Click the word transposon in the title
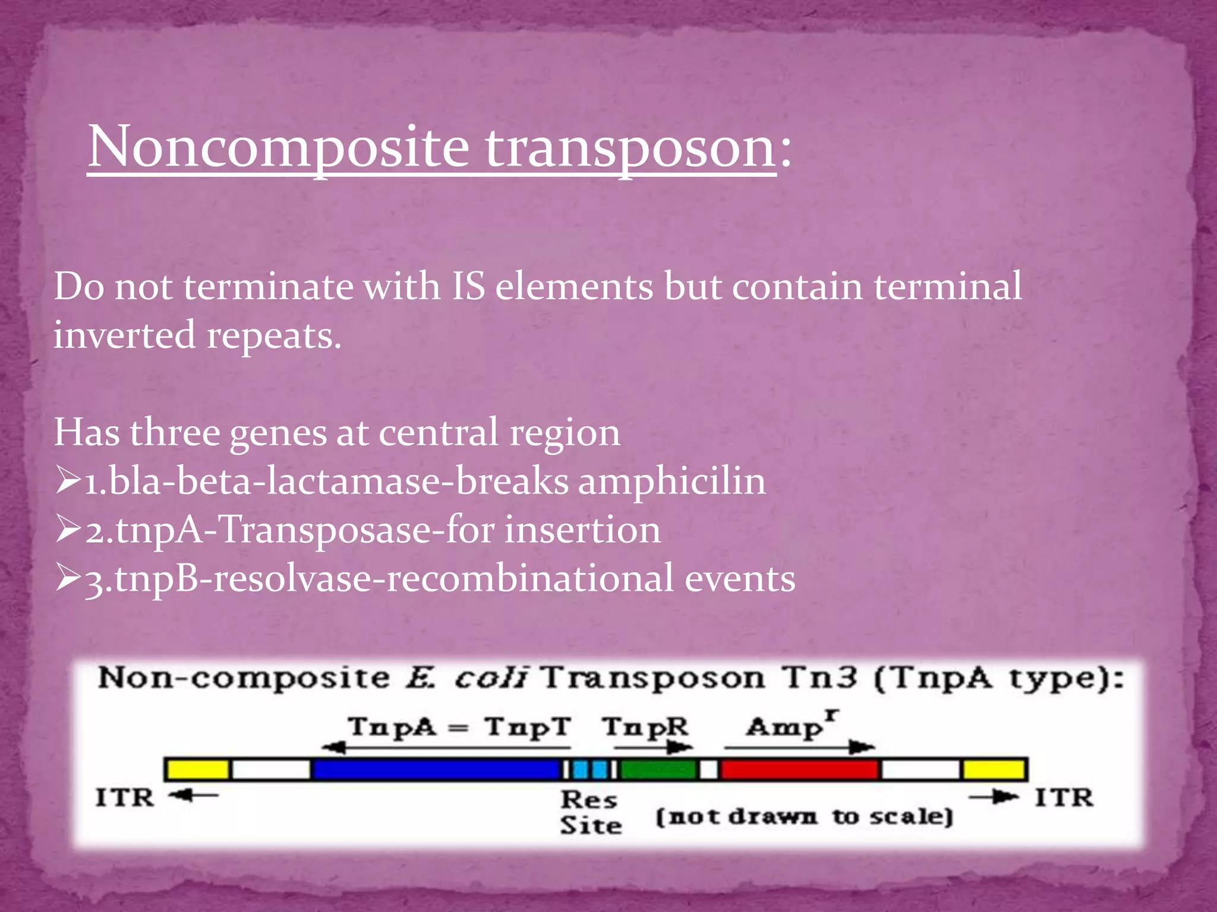pyautogui.click(x=630, y=147)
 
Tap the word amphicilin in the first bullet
pyautogui.click(x=672, y=481)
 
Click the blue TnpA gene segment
pyautogui.click(x=437, y=769)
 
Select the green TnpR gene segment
pyautogui.click(x=658, y=769)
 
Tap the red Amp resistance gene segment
pyautogui.click(x=799, y=769)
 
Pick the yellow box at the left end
pyautogui.click(x=198, y=769)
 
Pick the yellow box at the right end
pyautogui.click(x=994, y=769)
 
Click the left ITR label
pyautogui.click(x=125, y=797)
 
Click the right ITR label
pyautogui.click(x=1064, y=797)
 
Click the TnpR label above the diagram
pyautogui.click(x=645, y=727)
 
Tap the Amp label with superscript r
pyautogui.click(x=790, y=726)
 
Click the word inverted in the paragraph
pyautogui.click(x=124, y=335)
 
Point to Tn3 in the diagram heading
pyautogui.click(x=819, y=677)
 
